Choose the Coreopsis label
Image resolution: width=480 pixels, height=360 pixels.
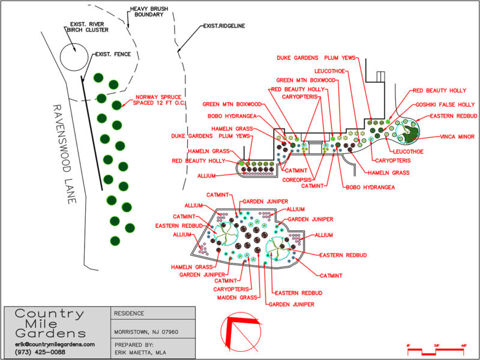(297, 179)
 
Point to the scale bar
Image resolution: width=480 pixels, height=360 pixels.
(437, 349)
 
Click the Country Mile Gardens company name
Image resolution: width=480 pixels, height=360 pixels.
(50, 323)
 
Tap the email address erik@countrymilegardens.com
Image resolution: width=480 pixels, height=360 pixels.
(55, 344)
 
